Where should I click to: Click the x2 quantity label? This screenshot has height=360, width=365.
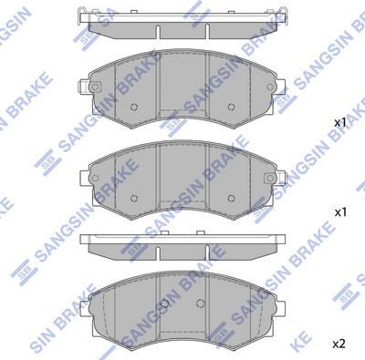339,344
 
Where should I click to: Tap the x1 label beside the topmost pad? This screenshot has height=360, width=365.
339,121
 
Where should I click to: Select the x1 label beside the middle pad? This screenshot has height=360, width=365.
342,211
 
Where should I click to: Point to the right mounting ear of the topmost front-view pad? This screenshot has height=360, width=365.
277,88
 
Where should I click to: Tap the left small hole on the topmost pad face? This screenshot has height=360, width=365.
134,107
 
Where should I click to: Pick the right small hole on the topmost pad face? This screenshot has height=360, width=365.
234,107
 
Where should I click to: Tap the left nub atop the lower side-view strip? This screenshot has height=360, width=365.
120,234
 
